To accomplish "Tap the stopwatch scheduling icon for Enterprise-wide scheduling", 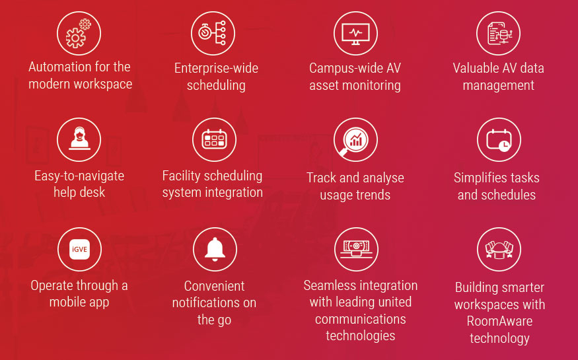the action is pyautogui.click(x=213, y=33).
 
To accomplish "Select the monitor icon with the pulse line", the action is pyautogui.click(x=355, y=33).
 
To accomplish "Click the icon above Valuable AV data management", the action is pyautogui.click(x=498, y=33).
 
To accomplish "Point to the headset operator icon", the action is pyautogui.click(x=79, y=139).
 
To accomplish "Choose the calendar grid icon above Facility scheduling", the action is pyautogui.click(x=214, y=139).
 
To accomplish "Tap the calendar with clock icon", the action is pyautogui.click(x=499, y=139).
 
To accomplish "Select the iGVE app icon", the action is pyautogui.click(x=79, y=249).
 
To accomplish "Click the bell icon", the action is pyautogui.click(x=215, y=249).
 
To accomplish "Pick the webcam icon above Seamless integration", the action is pyautogui.click(x=356, y=249).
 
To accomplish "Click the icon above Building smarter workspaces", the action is pyautogui.click(x=499, y=249).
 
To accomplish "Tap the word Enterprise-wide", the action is pyautogui.click(x=216, y=68).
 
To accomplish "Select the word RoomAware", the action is pyautogui.click(x=499, y=321).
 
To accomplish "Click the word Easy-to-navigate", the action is pyautogui.click(x=79, y=176).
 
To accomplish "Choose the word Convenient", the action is pyautogui.click(x=214, y=286).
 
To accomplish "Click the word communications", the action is pyautogui.click(x=361, y=319).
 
